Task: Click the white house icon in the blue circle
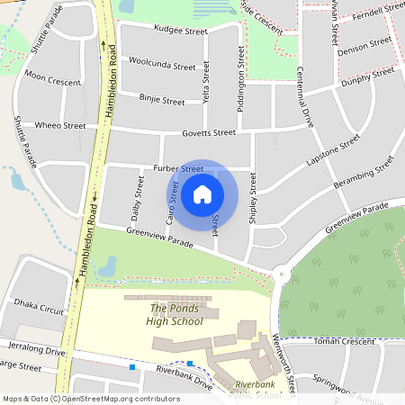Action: pos(202,193)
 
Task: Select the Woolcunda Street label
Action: pos(162,67)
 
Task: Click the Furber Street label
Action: pos(178,168)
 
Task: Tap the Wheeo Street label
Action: pos(60,126)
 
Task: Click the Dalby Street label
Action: pos(138,199)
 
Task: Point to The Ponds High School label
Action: pos(175,315)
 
